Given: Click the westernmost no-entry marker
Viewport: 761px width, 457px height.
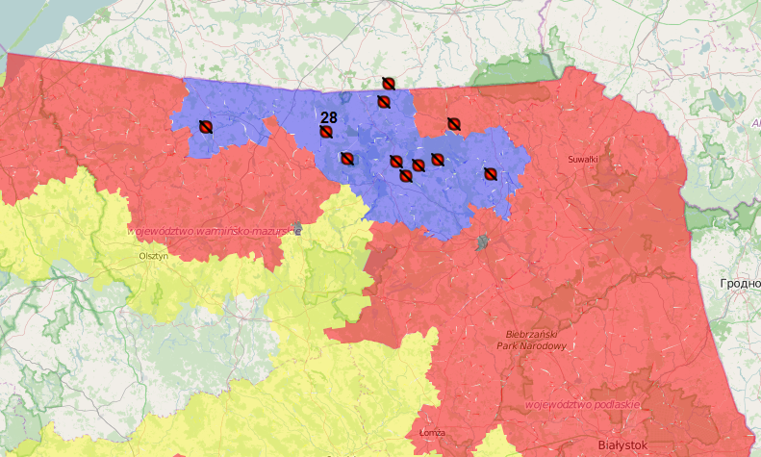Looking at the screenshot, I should [x=205, y=126].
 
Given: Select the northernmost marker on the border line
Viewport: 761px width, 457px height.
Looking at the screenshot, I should [x=388, y=84].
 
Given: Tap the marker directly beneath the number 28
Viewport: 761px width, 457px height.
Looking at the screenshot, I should [x=327, y=131].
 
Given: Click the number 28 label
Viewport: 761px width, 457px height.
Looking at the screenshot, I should [x=328, y=116].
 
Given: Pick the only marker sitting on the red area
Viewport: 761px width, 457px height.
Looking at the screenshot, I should [x=453, y=123].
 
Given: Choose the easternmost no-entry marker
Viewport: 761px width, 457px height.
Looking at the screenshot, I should [x=489, y=174].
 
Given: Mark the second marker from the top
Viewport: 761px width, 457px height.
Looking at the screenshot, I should [x=383, y=101].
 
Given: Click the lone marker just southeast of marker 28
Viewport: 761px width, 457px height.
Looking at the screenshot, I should [x=347, y=159].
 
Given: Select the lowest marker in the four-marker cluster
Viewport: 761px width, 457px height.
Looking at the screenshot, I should [x=405, y=174].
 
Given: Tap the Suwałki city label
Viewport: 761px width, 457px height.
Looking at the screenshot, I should [x=582, y=159].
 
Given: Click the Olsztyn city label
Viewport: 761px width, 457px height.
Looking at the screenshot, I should [x=154, y=256].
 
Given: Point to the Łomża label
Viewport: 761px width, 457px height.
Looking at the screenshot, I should [x=432, y=433].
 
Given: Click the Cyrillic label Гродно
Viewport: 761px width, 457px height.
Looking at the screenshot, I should [x=739, y=284].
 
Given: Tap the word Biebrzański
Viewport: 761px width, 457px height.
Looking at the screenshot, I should [x=531, y=333].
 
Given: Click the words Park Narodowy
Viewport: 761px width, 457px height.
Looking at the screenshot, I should [x=531, y=344].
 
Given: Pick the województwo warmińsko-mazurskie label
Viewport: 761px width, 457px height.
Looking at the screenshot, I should [x=209, y=232].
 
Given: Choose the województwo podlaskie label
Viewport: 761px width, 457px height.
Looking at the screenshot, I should [x=582, y=405].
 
